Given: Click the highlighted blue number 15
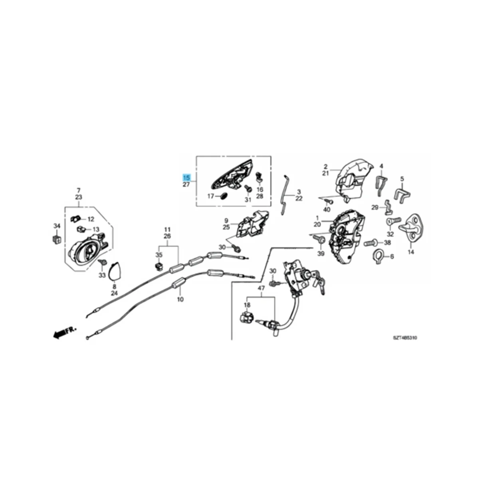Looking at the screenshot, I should coord(186,177).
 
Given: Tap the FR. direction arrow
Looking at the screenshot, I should coord(63,332).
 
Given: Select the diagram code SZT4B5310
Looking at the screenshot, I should coord(404,338).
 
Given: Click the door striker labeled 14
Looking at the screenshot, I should coord(413,230).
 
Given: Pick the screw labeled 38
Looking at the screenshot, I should coord(370,242).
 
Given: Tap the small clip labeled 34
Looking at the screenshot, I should coord(57,239).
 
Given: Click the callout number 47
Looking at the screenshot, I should coord(261,288).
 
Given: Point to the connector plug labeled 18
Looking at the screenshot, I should coord(246,319).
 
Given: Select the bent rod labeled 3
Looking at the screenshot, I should coord(285,195).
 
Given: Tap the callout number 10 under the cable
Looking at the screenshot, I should coord(180,299).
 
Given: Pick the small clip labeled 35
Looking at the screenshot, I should coord(159,265).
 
